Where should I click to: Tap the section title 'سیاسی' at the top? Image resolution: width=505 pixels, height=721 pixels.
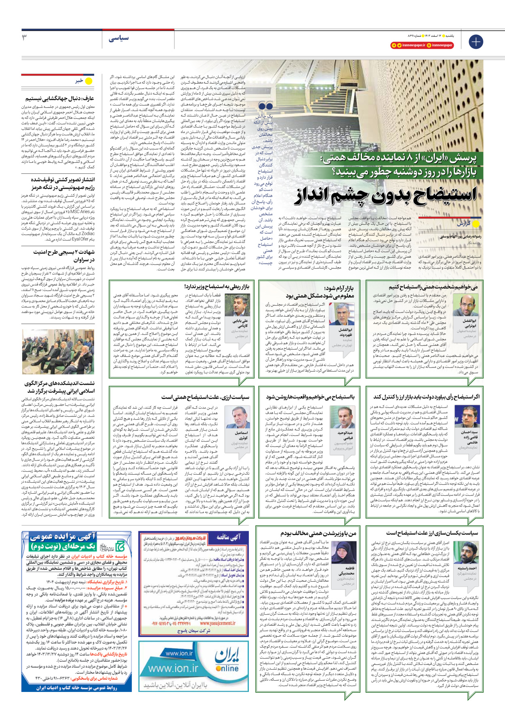pyautogui.click(x=118, y=38)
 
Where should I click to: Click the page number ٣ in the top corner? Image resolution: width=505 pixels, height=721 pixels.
pyautogui.click(x=25, y=38)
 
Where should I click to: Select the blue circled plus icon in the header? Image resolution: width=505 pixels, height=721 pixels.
pyautogui.click(x=476, y=42)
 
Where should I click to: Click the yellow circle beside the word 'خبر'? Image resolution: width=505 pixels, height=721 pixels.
pyautogui.click(x=88, y=81)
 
